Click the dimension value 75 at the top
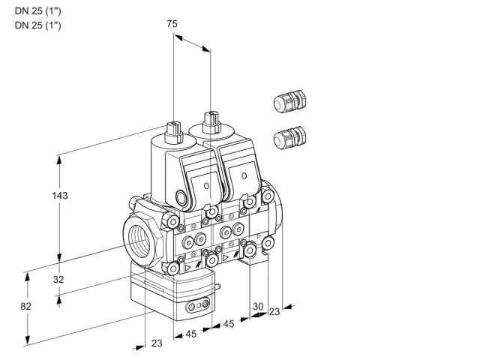172,23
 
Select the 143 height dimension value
60,195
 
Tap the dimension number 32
58,279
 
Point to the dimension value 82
25,306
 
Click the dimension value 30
258,306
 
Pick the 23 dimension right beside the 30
274,312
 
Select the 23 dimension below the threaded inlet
157,343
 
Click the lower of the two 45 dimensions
191,334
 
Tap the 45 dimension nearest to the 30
229,323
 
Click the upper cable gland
289,101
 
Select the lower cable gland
289,138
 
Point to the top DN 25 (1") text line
38,11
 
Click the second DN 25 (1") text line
38,25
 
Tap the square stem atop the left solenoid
173,132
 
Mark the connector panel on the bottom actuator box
197,305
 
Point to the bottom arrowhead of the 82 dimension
28,340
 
